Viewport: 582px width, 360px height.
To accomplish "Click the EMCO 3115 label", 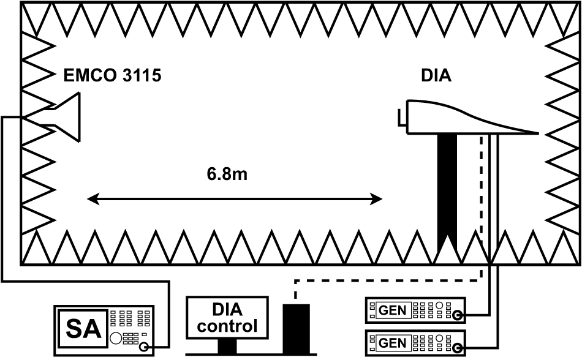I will click(113, 76).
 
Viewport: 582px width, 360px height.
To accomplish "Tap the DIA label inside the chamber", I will click(436, 76).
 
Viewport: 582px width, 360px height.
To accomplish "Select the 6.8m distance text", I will click(227, 174).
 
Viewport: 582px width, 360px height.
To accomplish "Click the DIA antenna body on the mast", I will click(453, 118).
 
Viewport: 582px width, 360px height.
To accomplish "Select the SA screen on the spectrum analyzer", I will click(81, 326).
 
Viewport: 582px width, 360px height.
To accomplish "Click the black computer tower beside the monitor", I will click(297, 328).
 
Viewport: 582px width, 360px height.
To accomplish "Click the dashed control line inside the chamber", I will click(481, 196).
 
